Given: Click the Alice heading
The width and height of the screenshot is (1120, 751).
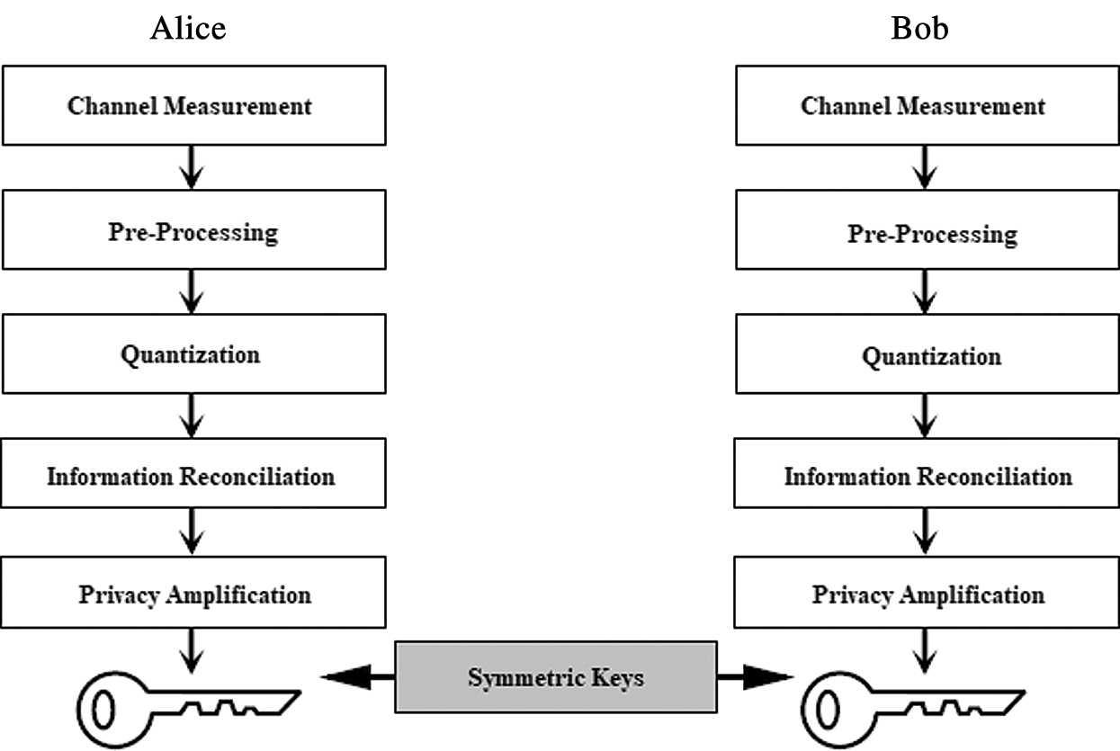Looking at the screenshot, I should (188, 29).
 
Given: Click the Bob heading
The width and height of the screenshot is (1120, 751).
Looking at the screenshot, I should (919, 29).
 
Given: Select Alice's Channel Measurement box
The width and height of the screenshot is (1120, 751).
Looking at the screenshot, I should (191, 105).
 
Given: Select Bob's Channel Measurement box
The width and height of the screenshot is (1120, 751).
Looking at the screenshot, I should (924, 105).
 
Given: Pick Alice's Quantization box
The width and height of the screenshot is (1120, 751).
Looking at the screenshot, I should (191, 354).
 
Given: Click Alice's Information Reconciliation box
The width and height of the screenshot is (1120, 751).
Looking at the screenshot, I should (191, 475).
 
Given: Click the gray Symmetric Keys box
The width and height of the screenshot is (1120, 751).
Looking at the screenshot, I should (556, 676).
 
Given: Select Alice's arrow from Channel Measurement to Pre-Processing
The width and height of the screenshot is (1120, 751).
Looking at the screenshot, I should (191, 167).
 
